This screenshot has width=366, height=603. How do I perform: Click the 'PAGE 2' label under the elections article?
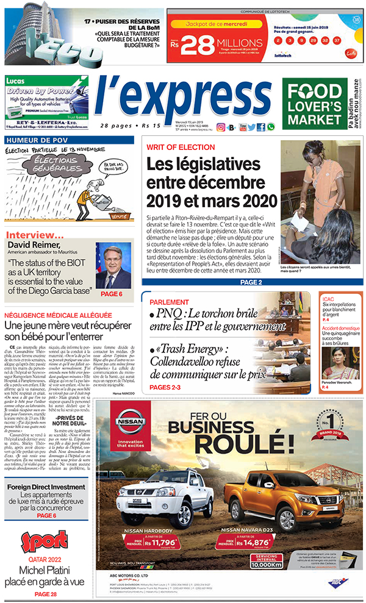251,282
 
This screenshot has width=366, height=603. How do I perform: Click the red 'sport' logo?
45,541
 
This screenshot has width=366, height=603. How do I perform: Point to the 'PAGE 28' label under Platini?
46,594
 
